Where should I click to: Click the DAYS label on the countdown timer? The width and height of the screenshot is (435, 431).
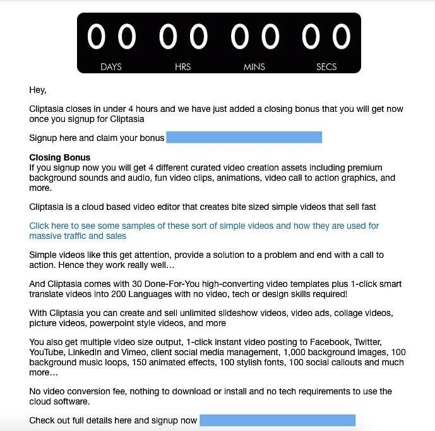click(111, 67)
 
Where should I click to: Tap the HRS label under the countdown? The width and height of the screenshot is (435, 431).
click(182, 67)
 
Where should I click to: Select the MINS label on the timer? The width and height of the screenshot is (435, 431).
click(254, 67)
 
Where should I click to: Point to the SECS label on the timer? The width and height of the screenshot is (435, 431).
click(326, 67)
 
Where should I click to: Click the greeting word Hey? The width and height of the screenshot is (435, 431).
click(37, 90)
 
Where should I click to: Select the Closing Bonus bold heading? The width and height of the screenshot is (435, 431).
click(60, 157)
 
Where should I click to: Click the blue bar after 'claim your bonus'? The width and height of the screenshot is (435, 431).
click(244, 138)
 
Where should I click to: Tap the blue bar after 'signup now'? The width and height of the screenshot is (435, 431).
click(277, 420)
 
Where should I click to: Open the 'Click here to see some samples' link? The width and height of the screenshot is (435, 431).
click(204, 226)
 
